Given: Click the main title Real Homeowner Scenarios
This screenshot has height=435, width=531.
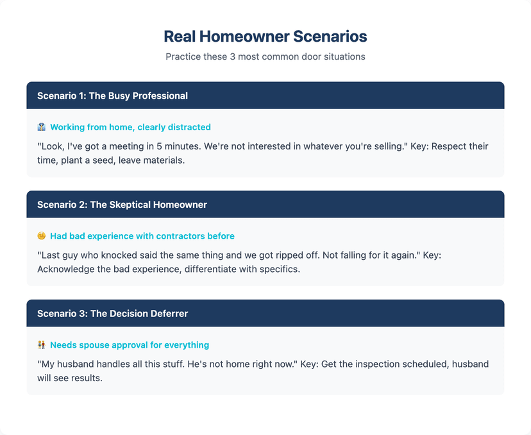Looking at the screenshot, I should [x=265, y=36].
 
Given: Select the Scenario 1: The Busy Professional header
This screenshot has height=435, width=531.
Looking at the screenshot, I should [x=112, y=96].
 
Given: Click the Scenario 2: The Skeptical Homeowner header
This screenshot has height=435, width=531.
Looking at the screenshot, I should [x=122, y=205].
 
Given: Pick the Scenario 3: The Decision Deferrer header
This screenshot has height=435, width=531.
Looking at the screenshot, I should [x=112, y=314].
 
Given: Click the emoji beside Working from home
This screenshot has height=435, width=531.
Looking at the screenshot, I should [x=42, y=127].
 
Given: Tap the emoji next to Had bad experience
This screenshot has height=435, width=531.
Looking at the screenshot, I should [x=42, y=236].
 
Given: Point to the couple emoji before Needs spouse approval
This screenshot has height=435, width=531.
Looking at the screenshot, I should [x=42, y=345].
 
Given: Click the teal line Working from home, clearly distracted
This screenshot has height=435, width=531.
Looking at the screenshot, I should [x=130, y=127].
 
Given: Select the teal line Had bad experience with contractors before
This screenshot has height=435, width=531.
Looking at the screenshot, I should [x=142, y=236].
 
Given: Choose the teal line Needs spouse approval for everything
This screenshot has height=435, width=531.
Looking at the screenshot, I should [x=130, y=345].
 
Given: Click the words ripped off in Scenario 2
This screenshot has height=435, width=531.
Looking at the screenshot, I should [x=299, y=255].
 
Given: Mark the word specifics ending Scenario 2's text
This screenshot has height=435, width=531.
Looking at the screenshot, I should [x=277, y=269].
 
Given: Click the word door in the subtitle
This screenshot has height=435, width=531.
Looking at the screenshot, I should [x=299, y=56].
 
